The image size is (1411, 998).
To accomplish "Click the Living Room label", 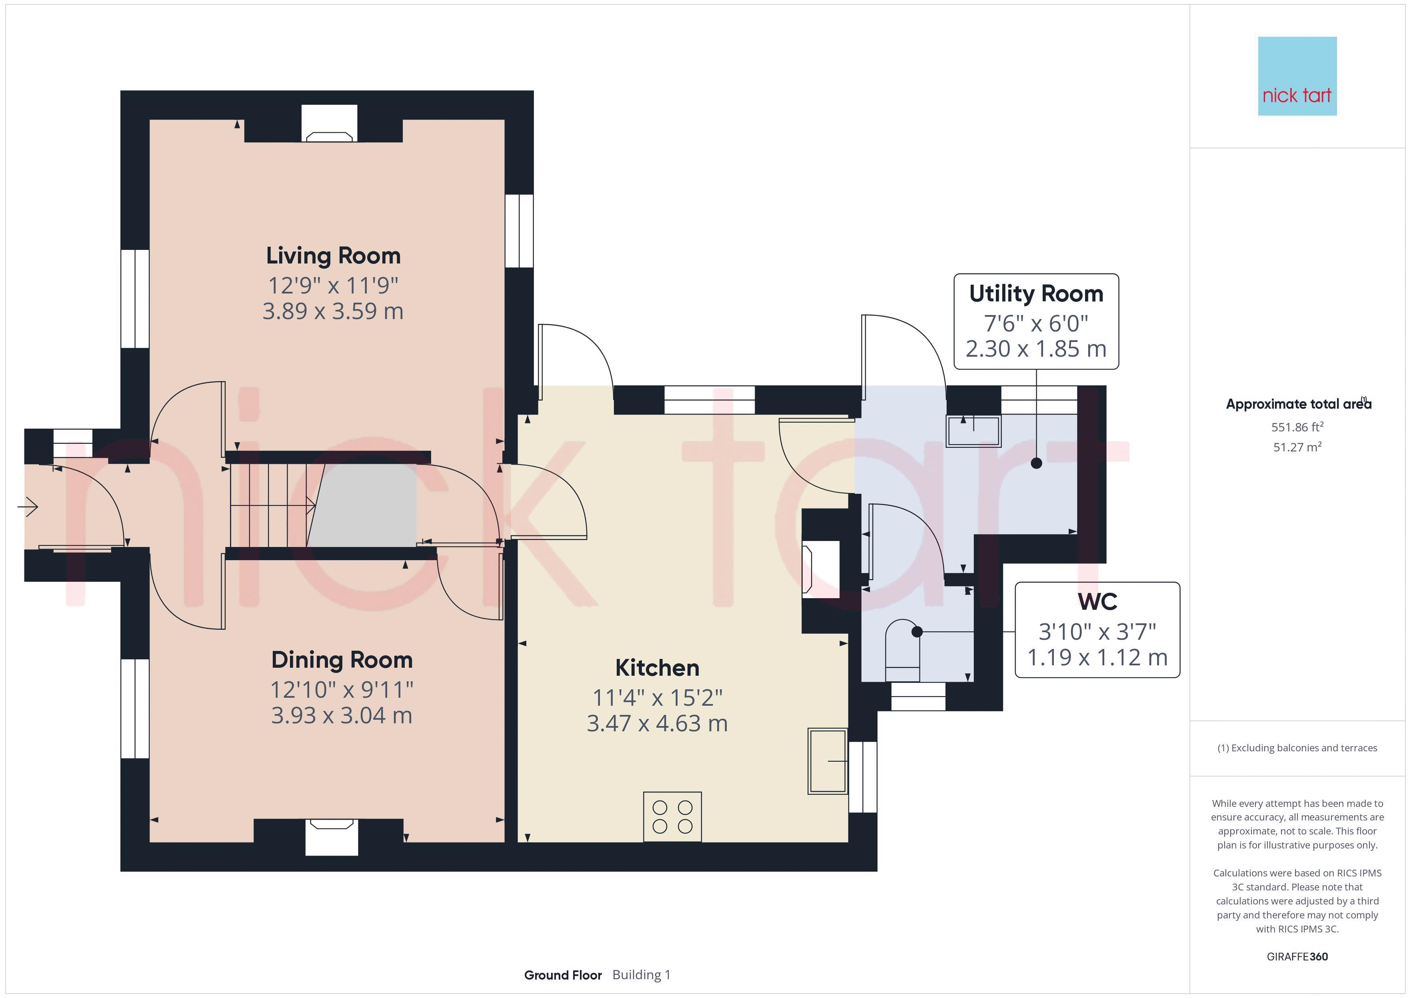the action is tap(333, 255).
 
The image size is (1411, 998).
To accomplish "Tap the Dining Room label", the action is tap(342, 660).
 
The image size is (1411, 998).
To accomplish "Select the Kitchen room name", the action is tap(657, 668).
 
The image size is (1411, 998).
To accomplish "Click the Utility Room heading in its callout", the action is tap(1036, 294).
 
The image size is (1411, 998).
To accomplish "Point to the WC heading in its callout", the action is tap(1097, 602).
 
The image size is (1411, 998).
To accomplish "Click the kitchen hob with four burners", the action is tap(672, 817).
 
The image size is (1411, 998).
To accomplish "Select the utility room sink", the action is tap(973, 431).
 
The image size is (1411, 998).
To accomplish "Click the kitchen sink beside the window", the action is tap(828, 761).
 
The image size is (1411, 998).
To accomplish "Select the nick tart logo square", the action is tap(1297, 76).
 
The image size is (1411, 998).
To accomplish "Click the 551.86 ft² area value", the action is tap(1297, 427).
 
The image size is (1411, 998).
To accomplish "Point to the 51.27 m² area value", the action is tap(1297, 447).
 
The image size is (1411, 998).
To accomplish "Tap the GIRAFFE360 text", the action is tap(1297, 957).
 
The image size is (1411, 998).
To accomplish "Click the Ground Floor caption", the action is tap(563, 975).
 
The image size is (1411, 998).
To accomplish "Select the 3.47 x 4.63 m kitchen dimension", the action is tap(657, 723).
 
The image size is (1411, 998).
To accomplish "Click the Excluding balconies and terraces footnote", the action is tap(1297, 748).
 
